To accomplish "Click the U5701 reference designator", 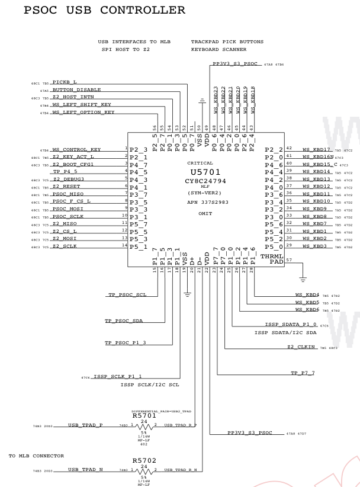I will tap(195, 172).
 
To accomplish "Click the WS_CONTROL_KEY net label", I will tap(76, 149).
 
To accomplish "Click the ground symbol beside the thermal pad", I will tap(287, 278).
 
